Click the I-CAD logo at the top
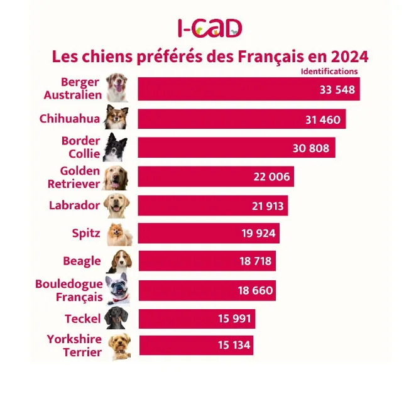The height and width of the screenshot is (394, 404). [x=209, y=28]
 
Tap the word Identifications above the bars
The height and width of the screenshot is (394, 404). [x=329, y=71]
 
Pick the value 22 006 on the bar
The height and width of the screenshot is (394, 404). [x=271, y=177]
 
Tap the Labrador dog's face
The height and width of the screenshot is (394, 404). [x=117, y=205]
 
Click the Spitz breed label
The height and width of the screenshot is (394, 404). [x=86, y=234]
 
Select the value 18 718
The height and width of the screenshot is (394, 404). [x=256, y=261]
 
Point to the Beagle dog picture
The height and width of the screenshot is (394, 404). [x=119, y=261]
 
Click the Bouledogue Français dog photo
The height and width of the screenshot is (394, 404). [x=117, y=289]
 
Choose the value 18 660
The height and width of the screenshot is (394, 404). [x=255, y=290]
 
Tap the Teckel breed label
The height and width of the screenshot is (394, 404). [x=82, y=319]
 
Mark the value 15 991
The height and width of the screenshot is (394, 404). [x=234, y=319]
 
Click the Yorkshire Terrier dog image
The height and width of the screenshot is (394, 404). [x=119, y=346]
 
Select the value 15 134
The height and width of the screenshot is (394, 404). [x=234, y=345]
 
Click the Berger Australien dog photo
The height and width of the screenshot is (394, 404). [x=117, y=88]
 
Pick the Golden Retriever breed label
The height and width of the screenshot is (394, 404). [x=74, y=177]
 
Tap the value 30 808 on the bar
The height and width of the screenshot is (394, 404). [x=310, y=148]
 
